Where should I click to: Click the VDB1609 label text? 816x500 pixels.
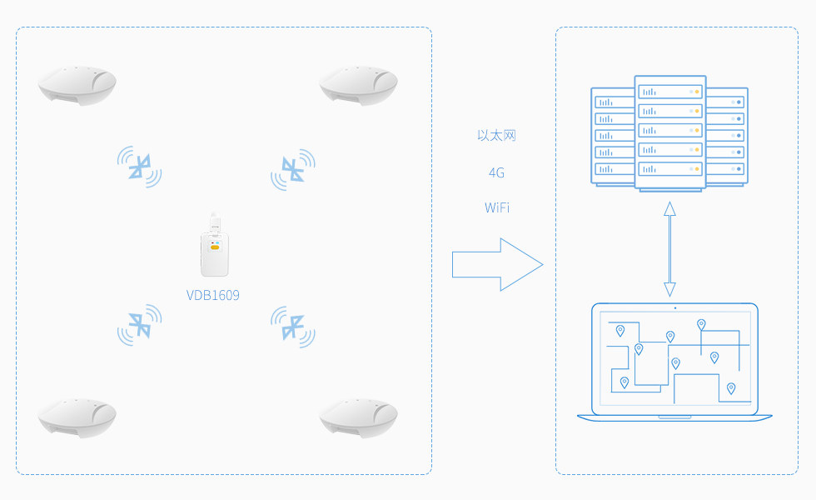(x=213, y=295)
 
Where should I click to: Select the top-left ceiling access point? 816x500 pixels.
(x=77, y=86)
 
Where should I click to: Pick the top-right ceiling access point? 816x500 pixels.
(x=358, y=86)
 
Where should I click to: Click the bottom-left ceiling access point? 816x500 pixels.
(x=77, y=417)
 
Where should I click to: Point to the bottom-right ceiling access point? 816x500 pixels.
(x=358, y=417)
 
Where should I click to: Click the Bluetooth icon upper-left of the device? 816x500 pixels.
(x=140, y=167)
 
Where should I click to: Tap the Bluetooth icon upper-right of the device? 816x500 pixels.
(x=292, y=169)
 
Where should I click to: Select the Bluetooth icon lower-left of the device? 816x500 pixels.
(x=140, y=324)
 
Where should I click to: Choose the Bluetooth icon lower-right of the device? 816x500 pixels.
(x=292, y=325)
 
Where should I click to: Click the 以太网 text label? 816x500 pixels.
(x=496, y=135)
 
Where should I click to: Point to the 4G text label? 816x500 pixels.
(x=496, y=172)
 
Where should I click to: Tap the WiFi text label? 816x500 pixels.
(x=496, y=207)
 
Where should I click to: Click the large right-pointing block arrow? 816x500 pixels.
(x=497, y=265)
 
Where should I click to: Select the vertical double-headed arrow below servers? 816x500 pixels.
(x=669, y=248)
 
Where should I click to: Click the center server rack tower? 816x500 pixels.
(x=669, y=133)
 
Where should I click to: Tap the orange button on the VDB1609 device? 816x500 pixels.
(x=215, y=247)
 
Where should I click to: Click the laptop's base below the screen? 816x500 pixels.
(x=674, y=416)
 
